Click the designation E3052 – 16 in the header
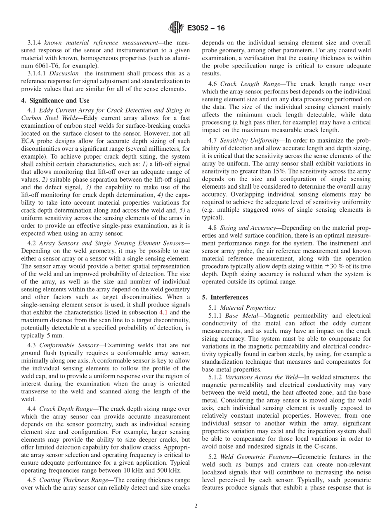[x=205, y=28]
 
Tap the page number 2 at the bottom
[x=196, y=506]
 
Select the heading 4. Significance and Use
[x=55, y=100]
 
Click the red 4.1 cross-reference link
[x=163, y=313]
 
